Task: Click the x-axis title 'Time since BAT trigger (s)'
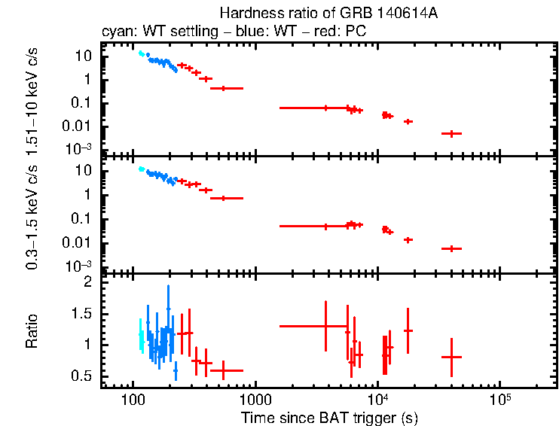pos(329,417)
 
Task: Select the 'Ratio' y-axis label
pos(32,331)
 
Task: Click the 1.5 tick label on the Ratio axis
pos(83,313)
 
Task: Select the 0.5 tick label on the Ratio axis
pos(83,376)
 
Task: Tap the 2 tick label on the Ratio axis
pos(88,282)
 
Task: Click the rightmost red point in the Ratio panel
pos(451,357)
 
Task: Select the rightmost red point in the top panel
pos(451,133)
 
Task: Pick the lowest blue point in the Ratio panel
pos(176,370)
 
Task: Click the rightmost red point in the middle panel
pos(451,248)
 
